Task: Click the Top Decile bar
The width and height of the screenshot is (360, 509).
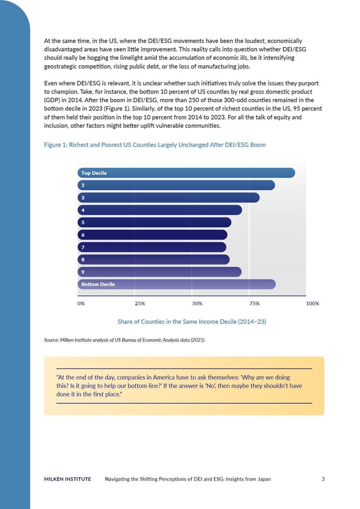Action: [186, 173]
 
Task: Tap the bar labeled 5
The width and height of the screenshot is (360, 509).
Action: [154, 222]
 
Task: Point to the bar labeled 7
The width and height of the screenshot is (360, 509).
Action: [152, 247]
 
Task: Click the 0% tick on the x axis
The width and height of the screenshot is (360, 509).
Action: [81, 303]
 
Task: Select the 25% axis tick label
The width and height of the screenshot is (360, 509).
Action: [139, 303]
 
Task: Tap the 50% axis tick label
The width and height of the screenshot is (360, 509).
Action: [197, 303]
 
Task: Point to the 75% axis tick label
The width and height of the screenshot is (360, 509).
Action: [254, 303]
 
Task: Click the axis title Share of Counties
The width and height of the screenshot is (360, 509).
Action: [192, 321]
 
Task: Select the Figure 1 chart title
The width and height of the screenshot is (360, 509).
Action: [154, 145]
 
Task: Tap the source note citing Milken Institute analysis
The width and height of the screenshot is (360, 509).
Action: [124, 339]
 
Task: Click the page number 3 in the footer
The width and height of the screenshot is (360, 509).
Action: [322, 479]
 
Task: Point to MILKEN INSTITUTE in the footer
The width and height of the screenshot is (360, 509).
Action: [67, 479]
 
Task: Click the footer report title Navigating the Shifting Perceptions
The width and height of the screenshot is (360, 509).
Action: [188, 479]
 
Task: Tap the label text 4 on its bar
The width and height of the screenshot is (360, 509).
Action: [83, 210]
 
